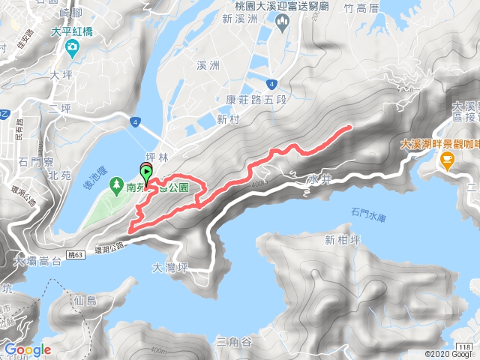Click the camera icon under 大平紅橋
(72, 49)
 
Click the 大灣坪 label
(168, 266)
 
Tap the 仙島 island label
(87, 300)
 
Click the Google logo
(27, 349)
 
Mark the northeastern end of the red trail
(349, 128)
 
